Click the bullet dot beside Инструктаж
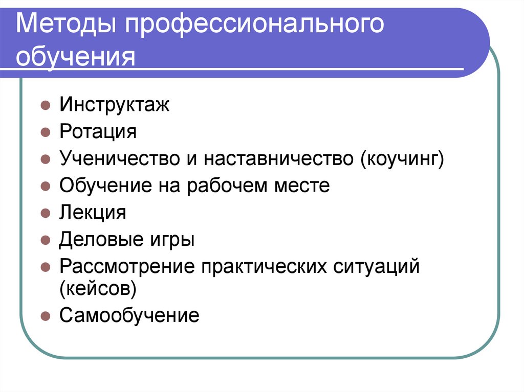46,106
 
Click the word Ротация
98,132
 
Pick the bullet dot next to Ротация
46,133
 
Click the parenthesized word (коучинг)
402,159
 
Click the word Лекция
93,212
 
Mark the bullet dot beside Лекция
46,213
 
